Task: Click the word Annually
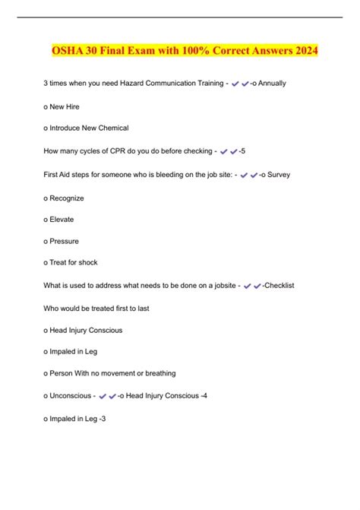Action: [271, 82]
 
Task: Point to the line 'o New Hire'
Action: [62, 107]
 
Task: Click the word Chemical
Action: [112, 127]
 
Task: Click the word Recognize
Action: [68, 198]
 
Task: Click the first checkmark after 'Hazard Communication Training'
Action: [235, 83]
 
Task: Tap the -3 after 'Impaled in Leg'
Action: [101, 418]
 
